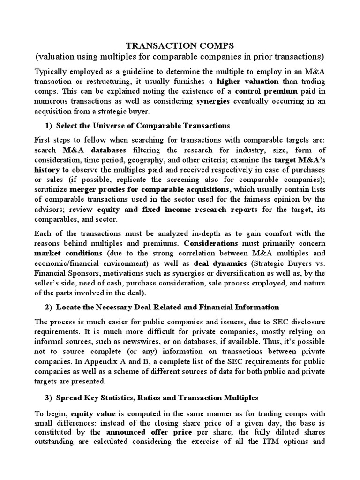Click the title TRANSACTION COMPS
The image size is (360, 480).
[x=180, y=45]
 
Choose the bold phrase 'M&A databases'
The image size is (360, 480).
[x=94, y=150]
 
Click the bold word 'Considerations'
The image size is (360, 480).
[x=211, y=243]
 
